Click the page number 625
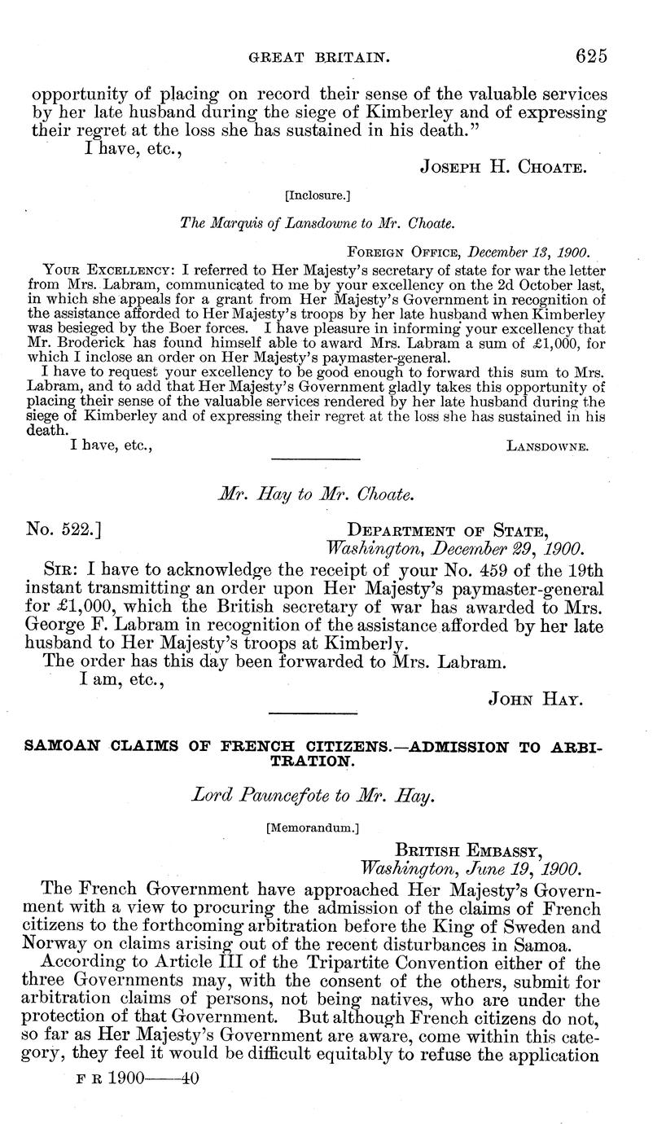591,56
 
